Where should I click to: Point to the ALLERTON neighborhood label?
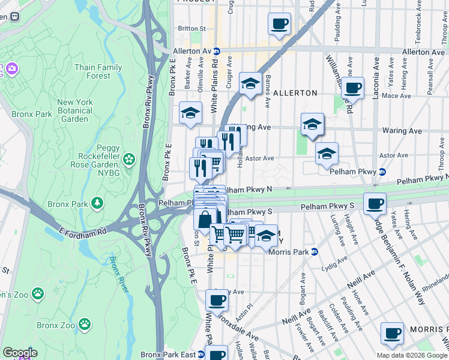click(295, 93)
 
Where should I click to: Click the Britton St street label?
click(191, 28)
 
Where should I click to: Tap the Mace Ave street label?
click(396, 95)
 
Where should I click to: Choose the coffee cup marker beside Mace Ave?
click(353, 88)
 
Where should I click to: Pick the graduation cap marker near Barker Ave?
click(190, 112)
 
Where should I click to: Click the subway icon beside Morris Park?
click(314, 251)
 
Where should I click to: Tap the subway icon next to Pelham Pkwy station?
click(381, 172)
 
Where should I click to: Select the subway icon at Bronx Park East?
click(200, 355)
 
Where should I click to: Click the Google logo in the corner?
click(19, 352)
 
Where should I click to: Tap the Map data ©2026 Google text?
click(411, 355)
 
